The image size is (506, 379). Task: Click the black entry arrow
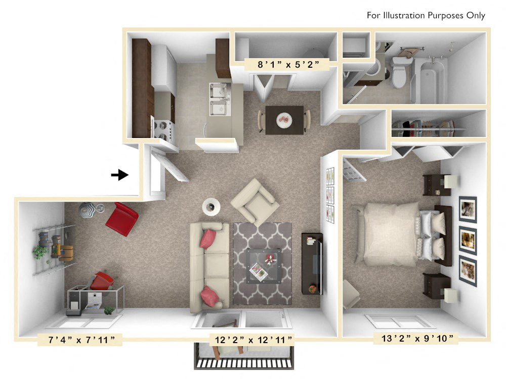pyautogui.click(x=119, y=175)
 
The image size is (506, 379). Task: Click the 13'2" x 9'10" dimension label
pyautogui.click(x=413, y=338)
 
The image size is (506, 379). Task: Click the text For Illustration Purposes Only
pyautogui.click(x=426, y=16)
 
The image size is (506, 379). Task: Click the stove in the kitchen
pyautogui.click(x=162, y=130)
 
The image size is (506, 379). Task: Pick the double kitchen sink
pyautogui.click(x=219, y=100)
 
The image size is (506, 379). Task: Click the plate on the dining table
pyautogui.click(x=284, y=120)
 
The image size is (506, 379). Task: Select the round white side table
pyautogui.click(x=211, y=206)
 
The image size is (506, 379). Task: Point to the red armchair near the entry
pyautogui.click(x=122, y=219)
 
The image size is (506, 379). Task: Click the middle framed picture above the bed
pyautogui.click(x=468, y=241)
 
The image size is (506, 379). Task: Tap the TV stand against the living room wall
pyautogui.click(x=312, y=263)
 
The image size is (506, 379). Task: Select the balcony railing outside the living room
pyautogui.click(x=244, y=363)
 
